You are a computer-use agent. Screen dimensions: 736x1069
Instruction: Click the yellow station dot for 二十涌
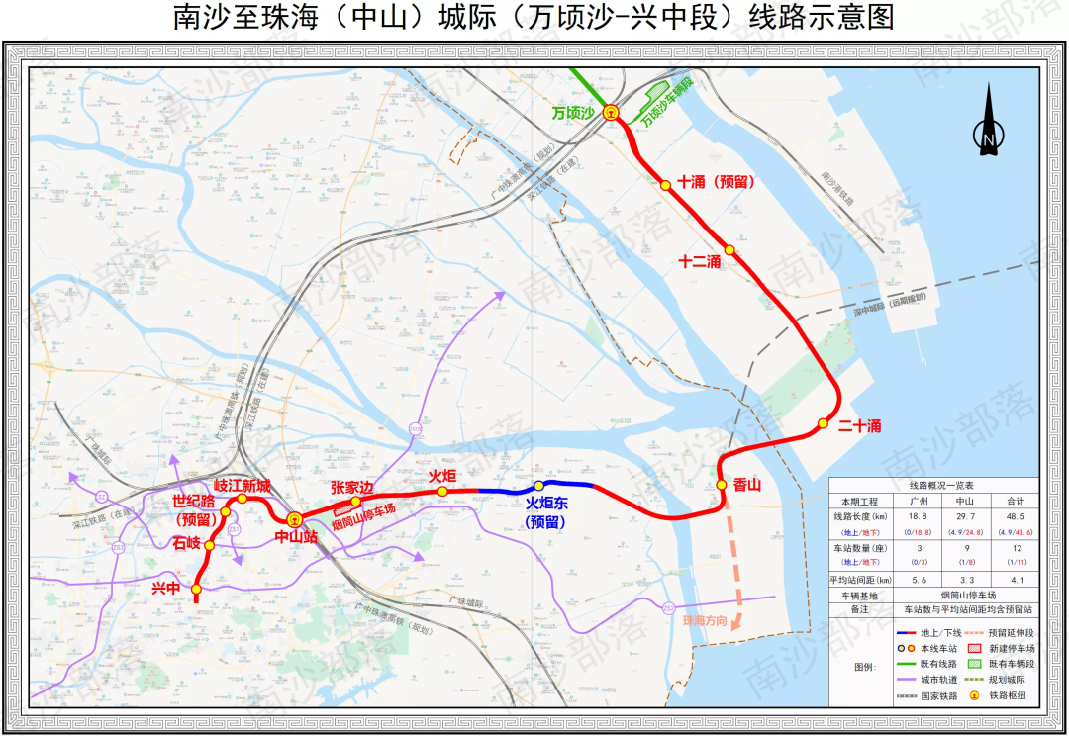click(x=823, y=424)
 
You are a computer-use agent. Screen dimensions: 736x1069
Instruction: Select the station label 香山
click(x=748, y=485)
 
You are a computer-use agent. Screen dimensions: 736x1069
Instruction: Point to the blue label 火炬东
click(x=546, y=504)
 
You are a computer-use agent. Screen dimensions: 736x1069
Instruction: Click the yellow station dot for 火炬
click(x=442, y=492)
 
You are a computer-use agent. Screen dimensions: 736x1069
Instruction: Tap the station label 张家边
click(x=351, y=487)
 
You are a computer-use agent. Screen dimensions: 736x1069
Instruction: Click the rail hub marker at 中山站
click(x=294, y=519)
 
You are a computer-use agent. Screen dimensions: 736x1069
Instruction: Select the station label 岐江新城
click(x=243, y=485)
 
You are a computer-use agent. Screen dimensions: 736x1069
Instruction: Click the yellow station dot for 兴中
click(x=196, y=589)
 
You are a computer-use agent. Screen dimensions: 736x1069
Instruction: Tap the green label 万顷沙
click(x=573, y=114)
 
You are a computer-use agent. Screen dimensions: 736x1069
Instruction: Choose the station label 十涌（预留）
click(x=718, y=182)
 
